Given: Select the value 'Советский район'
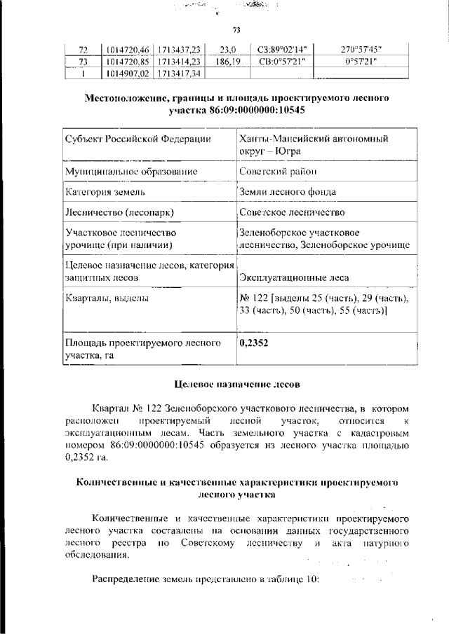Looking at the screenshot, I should click(278, 171).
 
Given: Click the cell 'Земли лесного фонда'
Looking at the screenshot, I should click(287, 191).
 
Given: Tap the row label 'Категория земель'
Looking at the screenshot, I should click(105, 191).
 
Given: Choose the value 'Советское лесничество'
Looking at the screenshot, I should click(291, 212).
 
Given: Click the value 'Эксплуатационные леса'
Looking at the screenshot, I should click(292, 278).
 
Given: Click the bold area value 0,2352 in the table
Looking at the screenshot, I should click(254, 343).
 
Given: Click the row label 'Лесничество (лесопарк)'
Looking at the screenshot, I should click(119, 212).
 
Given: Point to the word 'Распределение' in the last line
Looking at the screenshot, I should click(126, 579).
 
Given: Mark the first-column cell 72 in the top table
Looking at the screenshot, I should click(82, 50).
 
